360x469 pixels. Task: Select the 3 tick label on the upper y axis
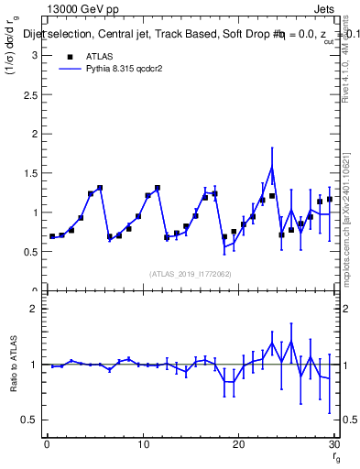coord(35,55)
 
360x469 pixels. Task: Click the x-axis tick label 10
coord(142,444)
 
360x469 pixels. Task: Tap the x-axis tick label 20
coord(238,444)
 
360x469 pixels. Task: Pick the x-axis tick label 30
coord(333,444)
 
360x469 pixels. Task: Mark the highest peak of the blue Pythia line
coord(272,168)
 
